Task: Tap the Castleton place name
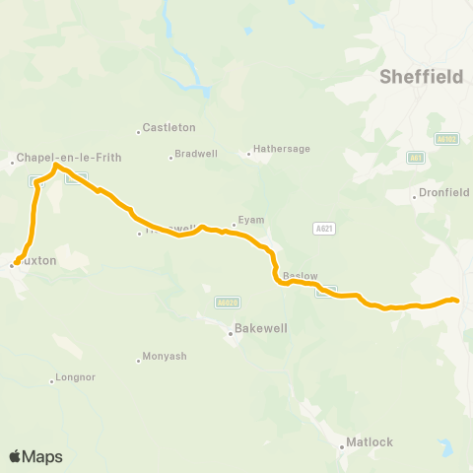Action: tap(169, 128)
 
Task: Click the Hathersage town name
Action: tap(281, 149)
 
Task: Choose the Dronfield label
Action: tap(443, 193)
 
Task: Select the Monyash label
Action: tap(163, 360)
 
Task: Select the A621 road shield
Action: tap(326, 228)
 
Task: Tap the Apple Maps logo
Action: tap(35, 456)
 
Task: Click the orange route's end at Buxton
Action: tap(15, 264)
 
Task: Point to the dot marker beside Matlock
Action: tap(342, 446)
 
